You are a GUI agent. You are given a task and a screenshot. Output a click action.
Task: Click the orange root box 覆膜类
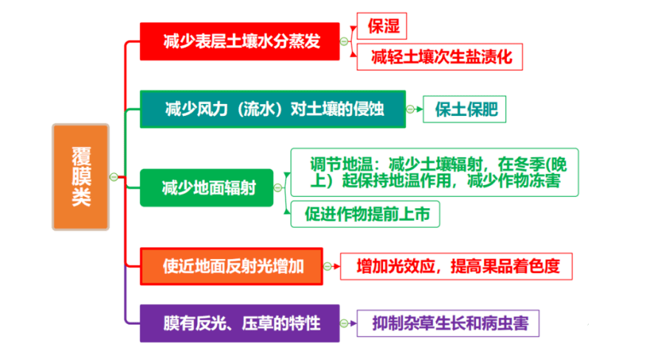coord(80,177)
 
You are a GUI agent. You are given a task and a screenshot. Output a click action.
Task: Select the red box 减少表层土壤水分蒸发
coord(240,41)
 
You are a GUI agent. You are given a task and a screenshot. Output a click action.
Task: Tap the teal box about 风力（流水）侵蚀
coord(273,109)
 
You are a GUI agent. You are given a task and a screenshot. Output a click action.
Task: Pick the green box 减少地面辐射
coord(207,188)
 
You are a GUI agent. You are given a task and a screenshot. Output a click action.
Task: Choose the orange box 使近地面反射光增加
coord(232,266)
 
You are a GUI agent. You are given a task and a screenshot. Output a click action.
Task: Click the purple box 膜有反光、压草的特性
coord(240,323)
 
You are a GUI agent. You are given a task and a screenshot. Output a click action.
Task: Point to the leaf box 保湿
coord(382,26)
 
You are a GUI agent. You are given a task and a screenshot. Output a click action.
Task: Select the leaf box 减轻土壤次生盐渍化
coord(440,57)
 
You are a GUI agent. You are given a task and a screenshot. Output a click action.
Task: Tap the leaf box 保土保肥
coord(464,109)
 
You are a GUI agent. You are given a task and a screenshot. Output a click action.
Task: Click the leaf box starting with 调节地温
coord(435,173)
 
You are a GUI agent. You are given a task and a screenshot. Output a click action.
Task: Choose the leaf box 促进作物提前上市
coord(365,214)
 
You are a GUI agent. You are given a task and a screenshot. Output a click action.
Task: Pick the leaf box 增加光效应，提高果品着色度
coord(456,266)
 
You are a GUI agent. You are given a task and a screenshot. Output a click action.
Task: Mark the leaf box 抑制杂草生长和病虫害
coord(448,323)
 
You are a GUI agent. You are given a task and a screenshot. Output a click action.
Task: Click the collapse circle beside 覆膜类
coord(114,177)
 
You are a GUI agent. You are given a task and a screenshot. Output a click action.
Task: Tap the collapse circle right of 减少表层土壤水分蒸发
coord(344,41)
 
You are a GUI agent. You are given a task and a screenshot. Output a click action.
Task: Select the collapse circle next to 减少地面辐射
coord(277,188)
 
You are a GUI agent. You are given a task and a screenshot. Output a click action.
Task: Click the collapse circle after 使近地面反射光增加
coord(328,266)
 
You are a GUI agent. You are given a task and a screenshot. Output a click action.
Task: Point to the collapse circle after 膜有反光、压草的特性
coord(344,323)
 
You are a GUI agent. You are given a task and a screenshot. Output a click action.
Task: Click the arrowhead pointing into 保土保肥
coord(420,109)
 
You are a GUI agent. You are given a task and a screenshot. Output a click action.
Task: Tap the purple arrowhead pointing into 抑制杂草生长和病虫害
coord(353,323)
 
